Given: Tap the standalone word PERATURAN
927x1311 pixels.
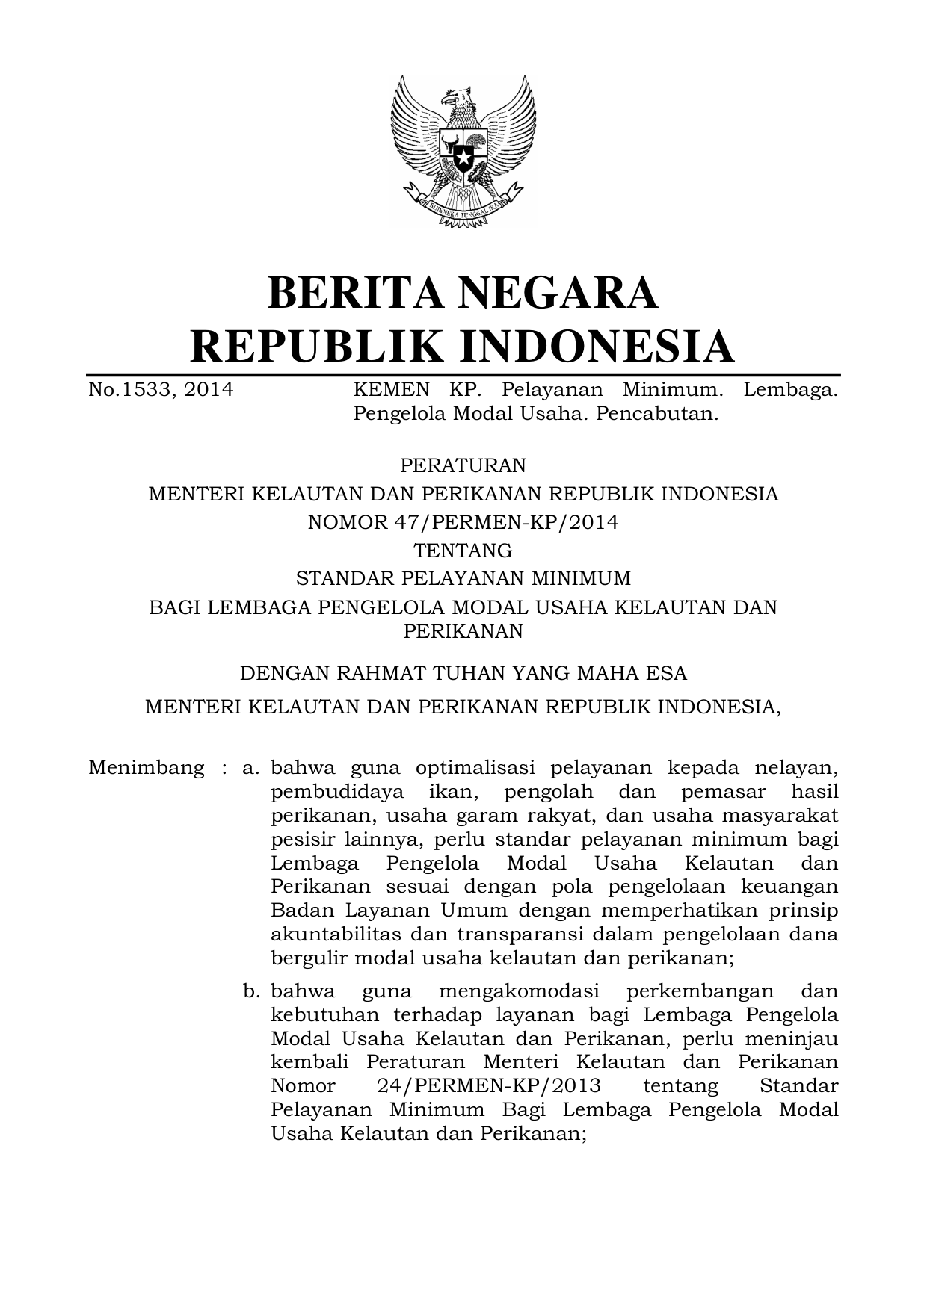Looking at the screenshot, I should point(463,465).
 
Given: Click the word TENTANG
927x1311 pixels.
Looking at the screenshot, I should point(463,551).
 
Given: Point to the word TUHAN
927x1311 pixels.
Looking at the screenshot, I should point(467,673).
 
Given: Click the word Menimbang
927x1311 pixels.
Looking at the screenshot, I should point(147,767).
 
